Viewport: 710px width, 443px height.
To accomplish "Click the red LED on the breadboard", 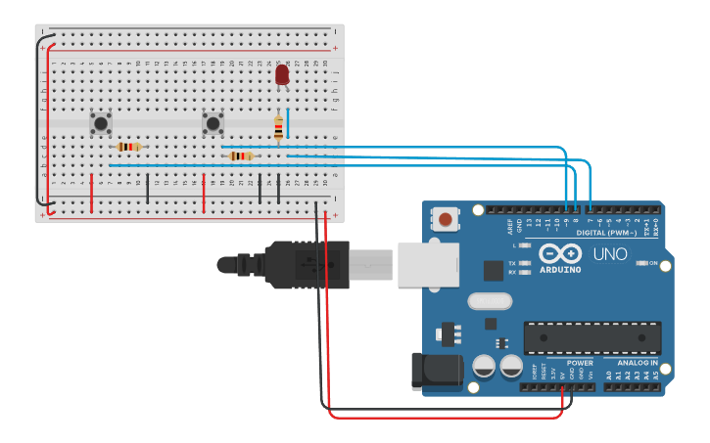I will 282,74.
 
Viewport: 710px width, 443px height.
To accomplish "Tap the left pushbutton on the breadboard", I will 100,123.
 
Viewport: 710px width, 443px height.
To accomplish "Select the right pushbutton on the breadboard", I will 213,123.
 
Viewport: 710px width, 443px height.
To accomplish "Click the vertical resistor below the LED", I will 279,127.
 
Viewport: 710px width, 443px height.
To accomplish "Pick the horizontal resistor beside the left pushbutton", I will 128,147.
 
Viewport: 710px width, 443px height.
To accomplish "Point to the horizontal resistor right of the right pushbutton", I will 241,155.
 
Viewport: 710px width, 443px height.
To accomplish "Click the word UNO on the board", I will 611,253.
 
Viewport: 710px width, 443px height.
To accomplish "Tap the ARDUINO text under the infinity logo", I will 559,270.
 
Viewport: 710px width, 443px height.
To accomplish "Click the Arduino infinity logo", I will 559,252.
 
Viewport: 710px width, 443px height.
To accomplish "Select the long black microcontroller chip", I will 592,337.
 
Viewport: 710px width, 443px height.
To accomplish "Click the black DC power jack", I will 435,371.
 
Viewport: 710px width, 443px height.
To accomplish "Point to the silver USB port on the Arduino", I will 428,265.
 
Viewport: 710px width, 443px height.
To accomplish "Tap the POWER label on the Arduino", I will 580,363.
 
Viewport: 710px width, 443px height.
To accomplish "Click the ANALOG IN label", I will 637,363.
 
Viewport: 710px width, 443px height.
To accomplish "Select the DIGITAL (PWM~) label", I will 606,233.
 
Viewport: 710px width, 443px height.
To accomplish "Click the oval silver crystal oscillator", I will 490,301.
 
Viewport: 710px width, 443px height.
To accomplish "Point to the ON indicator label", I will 654,263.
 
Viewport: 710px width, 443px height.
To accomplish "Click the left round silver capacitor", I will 484,367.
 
